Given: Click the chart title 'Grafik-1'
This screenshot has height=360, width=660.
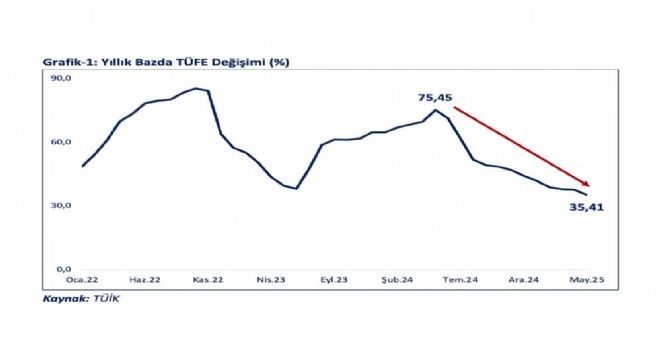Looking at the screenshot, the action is point(70,62).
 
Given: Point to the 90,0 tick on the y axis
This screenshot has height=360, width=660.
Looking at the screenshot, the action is point(61,78).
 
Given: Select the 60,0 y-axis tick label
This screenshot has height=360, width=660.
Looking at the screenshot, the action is point(61,142).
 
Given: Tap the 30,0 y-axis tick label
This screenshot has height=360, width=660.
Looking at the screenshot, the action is point(61,205).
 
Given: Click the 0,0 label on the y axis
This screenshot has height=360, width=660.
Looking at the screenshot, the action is point(64,269).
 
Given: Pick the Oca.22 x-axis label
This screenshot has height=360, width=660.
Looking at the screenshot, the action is point(82,280).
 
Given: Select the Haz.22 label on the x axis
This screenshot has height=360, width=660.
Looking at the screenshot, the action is point(145,280).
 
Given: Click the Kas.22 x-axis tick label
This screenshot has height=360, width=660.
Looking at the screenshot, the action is point(208,280).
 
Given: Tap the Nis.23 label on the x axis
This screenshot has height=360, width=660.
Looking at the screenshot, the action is point(271,280).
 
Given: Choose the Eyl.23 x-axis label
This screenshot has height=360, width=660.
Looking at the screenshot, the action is point(334,280).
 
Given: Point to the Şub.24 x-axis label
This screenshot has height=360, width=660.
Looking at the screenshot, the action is point(397,280).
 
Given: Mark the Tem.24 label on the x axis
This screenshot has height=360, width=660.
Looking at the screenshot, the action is point(460,280).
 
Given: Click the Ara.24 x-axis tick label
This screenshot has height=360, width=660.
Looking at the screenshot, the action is point(524,280).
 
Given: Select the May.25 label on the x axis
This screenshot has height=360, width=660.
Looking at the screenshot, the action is point(587,280).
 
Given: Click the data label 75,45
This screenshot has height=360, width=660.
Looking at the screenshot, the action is point(435,98).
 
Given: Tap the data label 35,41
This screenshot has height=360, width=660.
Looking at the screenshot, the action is point(587,207).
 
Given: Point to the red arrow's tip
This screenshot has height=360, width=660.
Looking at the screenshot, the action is point(589,186).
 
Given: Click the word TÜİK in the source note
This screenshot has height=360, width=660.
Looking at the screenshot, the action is point(106,299).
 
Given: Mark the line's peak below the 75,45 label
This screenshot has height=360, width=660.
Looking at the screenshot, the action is point(435,110).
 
